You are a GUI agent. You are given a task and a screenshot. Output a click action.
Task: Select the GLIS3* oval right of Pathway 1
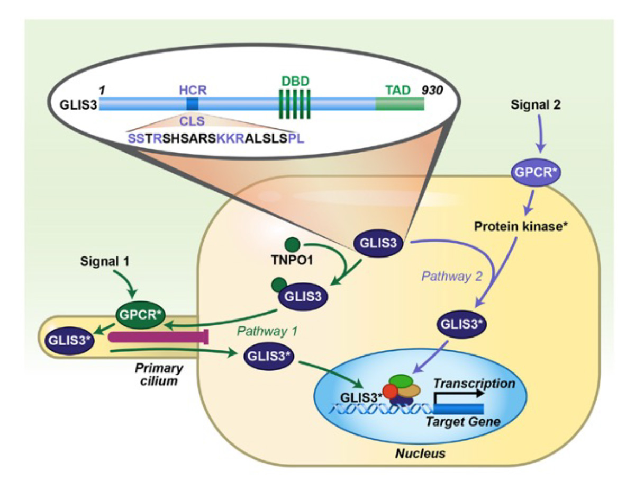269,356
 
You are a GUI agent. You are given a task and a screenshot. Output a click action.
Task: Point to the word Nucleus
422,454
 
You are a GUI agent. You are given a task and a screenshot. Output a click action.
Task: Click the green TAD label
397,90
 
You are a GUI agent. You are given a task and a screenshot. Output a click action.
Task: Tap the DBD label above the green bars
295,82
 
